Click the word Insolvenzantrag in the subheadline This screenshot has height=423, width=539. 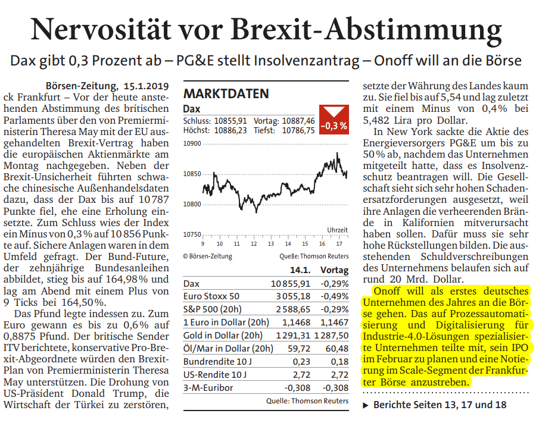point(307,61)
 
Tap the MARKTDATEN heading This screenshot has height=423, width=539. point(226,93)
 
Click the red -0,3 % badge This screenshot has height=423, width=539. point(334,119)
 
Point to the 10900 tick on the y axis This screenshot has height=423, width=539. point(192,143)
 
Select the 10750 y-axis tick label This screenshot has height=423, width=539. point(192,234)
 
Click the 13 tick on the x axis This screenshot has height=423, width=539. point(270,244)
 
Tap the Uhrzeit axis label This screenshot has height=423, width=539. point(337,230)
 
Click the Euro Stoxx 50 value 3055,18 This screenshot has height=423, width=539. point(293,296)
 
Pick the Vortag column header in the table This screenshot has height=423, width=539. point(334,270)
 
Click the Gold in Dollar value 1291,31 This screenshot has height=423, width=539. point(293,336)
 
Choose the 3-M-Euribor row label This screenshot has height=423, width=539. point(208,388)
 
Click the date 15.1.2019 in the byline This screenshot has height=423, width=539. point(146,86)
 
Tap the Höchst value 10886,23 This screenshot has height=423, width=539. point(230,130)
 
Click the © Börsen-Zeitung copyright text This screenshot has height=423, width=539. point(208,256)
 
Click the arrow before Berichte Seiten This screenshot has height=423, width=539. point(366,406)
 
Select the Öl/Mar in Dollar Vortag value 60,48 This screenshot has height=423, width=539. point(337,349)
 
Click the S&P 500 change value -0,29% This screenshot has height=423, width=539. point(334,309)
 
